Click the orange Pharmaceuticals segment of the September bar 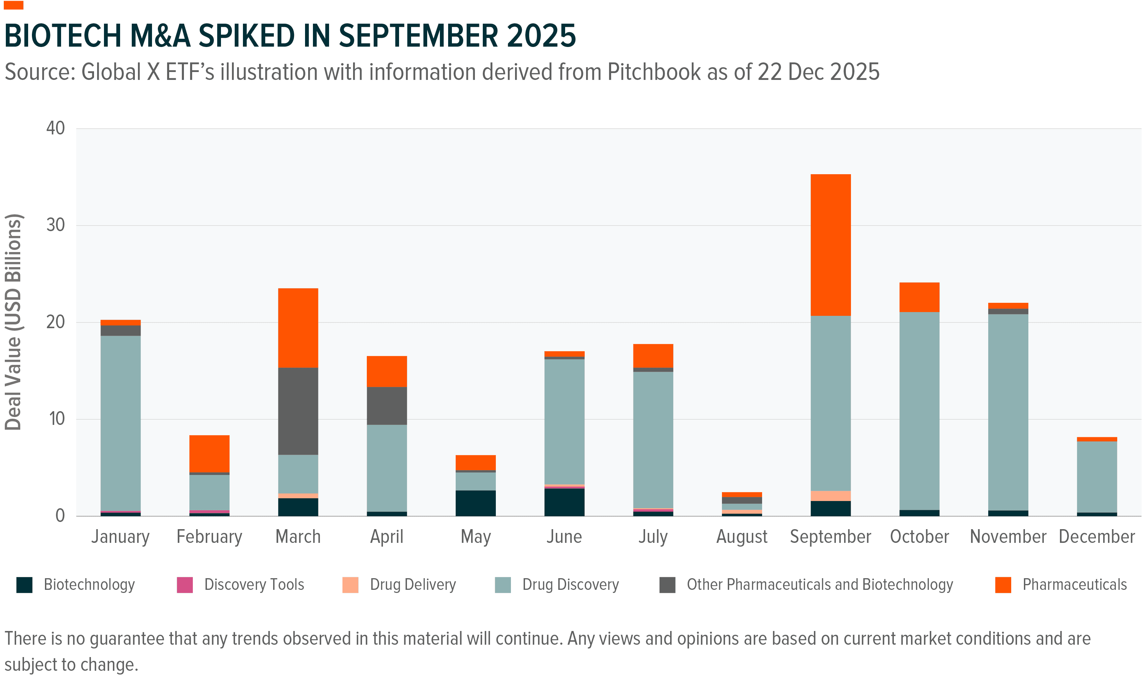coord(830,245)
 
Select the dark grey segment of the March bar coord(298,411)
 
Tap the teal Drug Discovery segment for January coord(120,423)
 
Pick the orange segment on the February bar coord(209,453)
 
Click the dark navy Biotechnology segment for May coord(476,503)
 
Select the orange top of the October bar coord(919,297)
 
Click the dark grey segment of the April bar coord(387,406)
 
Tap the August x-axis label coord(742,537)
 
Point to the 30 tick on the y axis coord(55,225)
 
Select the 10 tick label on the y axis coord(57,419)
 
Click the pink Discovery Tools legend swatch coord(185,585)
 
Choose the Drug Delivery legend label coord(412,585)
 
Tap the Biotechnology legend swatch coord(24,585)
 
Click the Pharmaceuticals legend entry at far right coord(1074,585)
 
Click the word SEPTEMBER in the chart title coord(418,36)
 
